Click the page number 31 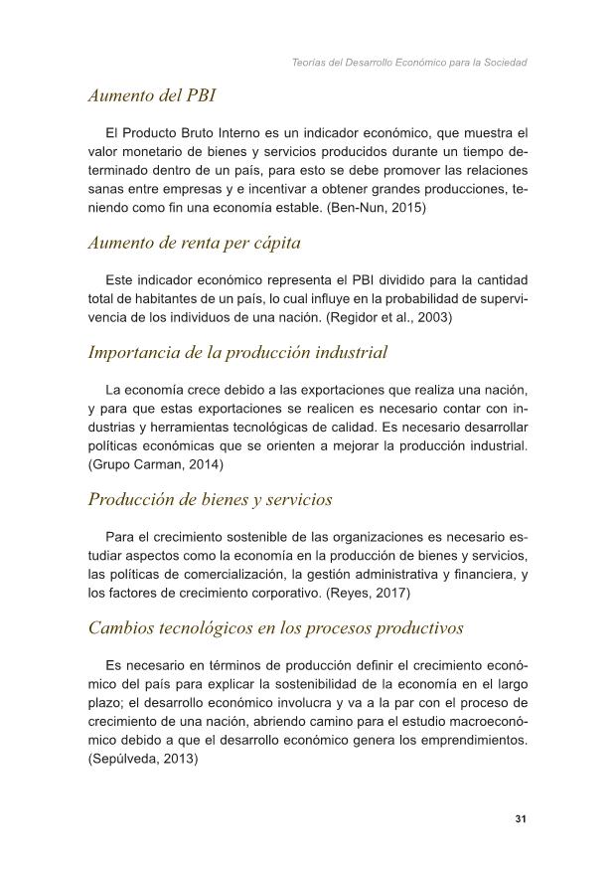[520, 819]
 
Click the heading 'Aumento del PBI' [152, 96]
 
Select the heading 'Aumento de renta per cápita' [194, 242]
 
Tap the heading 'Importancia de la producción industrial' [237, 352]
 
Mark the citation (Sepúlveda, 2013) [143, 757]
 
